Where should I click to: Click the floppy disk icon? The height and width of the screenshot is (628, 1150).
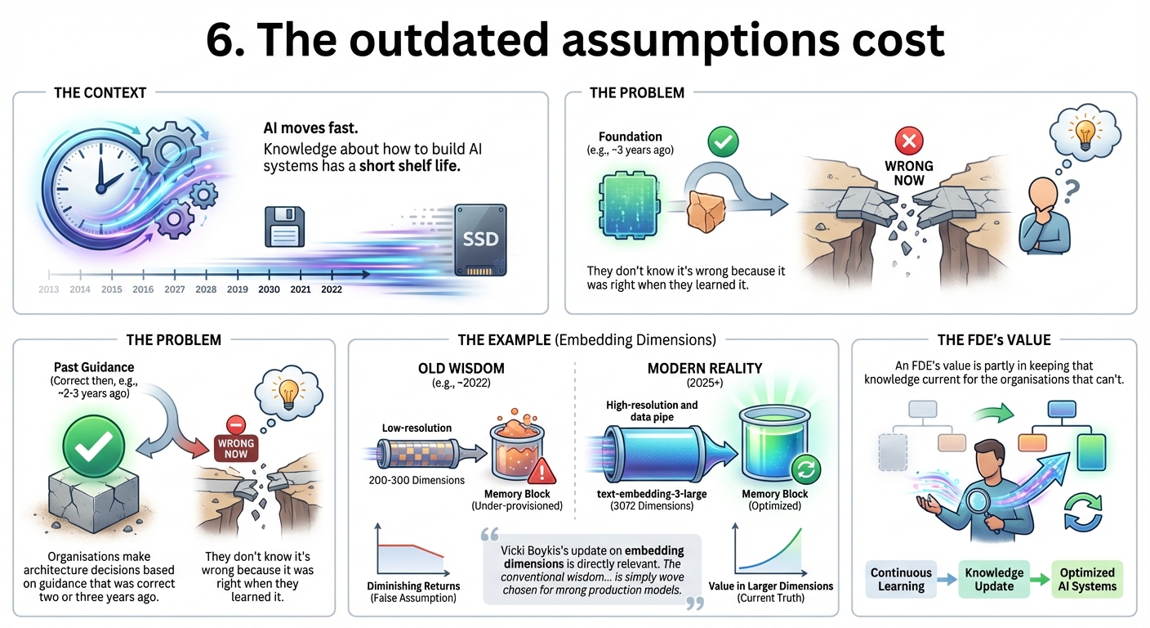pos(284,227)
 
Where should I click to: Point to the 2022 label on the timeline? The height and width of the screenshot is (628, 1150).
pos(332,289)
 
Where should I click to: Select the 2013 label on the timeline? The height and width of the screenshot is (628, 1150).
pos(49,289)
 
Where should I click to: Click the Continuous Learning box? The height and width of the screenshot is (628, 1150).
pos(901,580)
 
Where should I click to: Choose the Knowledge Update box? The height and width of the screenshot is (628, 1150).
pos(994,580)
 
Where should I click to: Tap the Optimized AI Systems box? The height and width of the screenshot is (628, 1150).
pos(1087,580)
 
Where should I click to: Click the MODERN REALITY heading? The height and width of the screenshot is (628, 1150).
pos(704,369)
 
